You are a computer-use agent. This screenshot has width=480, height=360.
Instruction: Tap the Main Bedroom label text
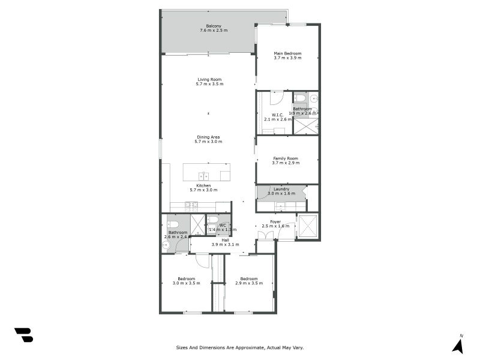(287, 53)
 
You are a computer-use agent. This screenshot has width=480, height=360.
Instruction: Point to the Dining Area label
(209, 137)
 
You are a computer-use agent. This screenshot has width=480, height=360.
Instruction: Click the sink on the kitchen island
(204, 176)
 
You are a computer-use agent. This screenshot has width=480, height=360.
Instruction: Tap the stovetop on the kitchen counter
(191, 206)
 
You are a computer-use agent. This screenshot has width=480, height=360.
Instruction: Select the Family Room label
(285, 158)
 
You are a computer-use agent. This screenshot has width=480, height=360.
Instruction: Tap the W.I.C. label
(277, 115)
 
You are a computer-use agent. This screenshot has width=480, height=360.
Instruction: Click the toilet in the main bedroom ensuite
(300, 98)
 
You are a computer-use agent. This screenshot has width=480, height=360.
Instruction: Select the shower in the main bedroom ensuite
(305, 126)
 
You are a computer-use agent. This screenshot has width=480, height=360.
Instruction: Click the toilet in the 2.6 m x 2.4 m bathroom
(171, 224)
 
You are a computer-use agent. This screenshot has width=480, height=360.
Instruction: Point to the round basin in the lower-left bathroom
(165, 245)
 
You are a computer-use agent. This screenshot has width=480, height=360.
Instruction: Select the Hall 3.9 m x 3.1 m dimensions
(225, 245)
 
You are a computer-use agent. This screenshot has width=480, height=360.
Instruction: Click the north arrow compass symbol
(458, 345)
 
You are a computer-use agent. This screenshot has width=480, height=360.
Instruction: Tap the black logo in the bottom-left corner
(23, 335)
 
